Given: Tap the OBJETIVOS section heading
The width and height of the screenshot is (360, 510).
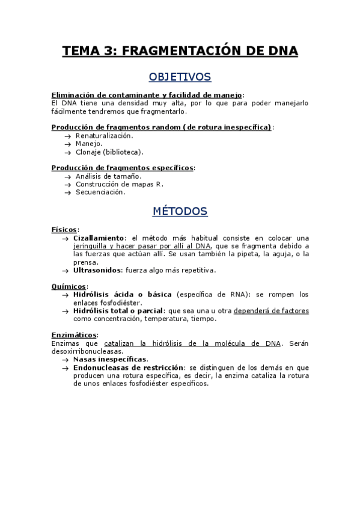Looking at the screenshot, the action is pyautogui.click(x=180, y=77).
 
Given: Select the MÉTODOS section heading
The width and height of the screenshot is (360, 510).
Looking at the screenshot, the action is pyautogui.click(x=180, y=212).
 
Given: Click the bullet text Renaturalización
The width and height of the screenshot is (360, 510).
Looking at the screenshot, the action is pyautogui.click(x=104, y=136).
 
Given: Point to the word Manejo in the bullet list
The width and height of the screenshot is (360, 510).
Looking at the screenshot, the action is pyautogui.click(x=88, y=144).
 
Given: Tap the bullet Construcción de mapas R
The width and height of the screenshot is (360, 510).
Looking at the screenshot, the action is pyautogui.click(x=119, y=184).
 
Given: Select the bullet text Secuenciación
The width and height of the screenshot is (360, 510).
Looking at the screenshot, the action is pyautogui.click(x=100, y=192).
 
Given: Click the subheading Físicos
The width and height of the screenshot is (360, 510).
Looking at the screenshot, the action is pyautogui.click(x=64, y=230).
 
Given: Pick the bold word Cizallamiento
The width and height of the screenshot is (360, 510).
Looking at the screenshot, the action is pyautogui.click(x=99, y=238).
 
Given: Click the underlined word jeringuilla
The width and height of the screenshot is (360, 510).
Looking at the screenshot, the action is pyautogui.click(x=93, y=246).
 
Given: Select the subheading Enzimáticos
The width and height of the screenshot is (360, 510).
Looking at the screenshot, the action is pyautogui.click(x=75, y=335).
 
